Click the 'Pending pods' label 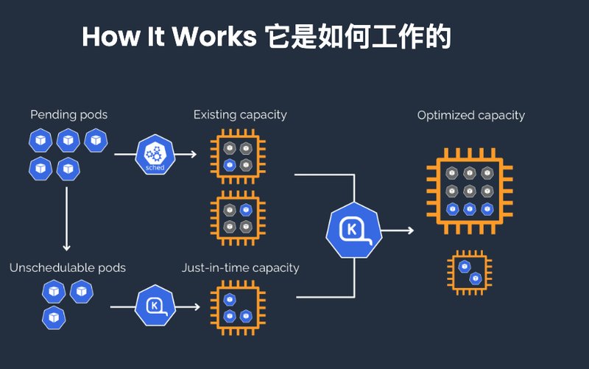coord(68,115)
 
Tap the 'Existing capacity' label coord(240,115)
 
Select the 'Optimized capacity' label coord(470,116)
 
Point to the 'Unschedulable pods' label coord(68,267)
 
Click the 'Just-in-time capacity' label coord(240,267)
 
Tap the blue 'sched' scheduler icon coord(155,155)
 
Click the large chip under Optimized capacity coord(470,191)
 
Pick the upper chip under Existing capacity coord(237,155)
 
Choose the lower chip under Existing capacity coord(237,218)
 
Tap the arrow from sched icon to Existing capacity coord(187,155)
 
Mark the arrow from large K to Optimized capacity coord(398,231)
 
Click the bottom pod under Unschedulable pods coord(54,318)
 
